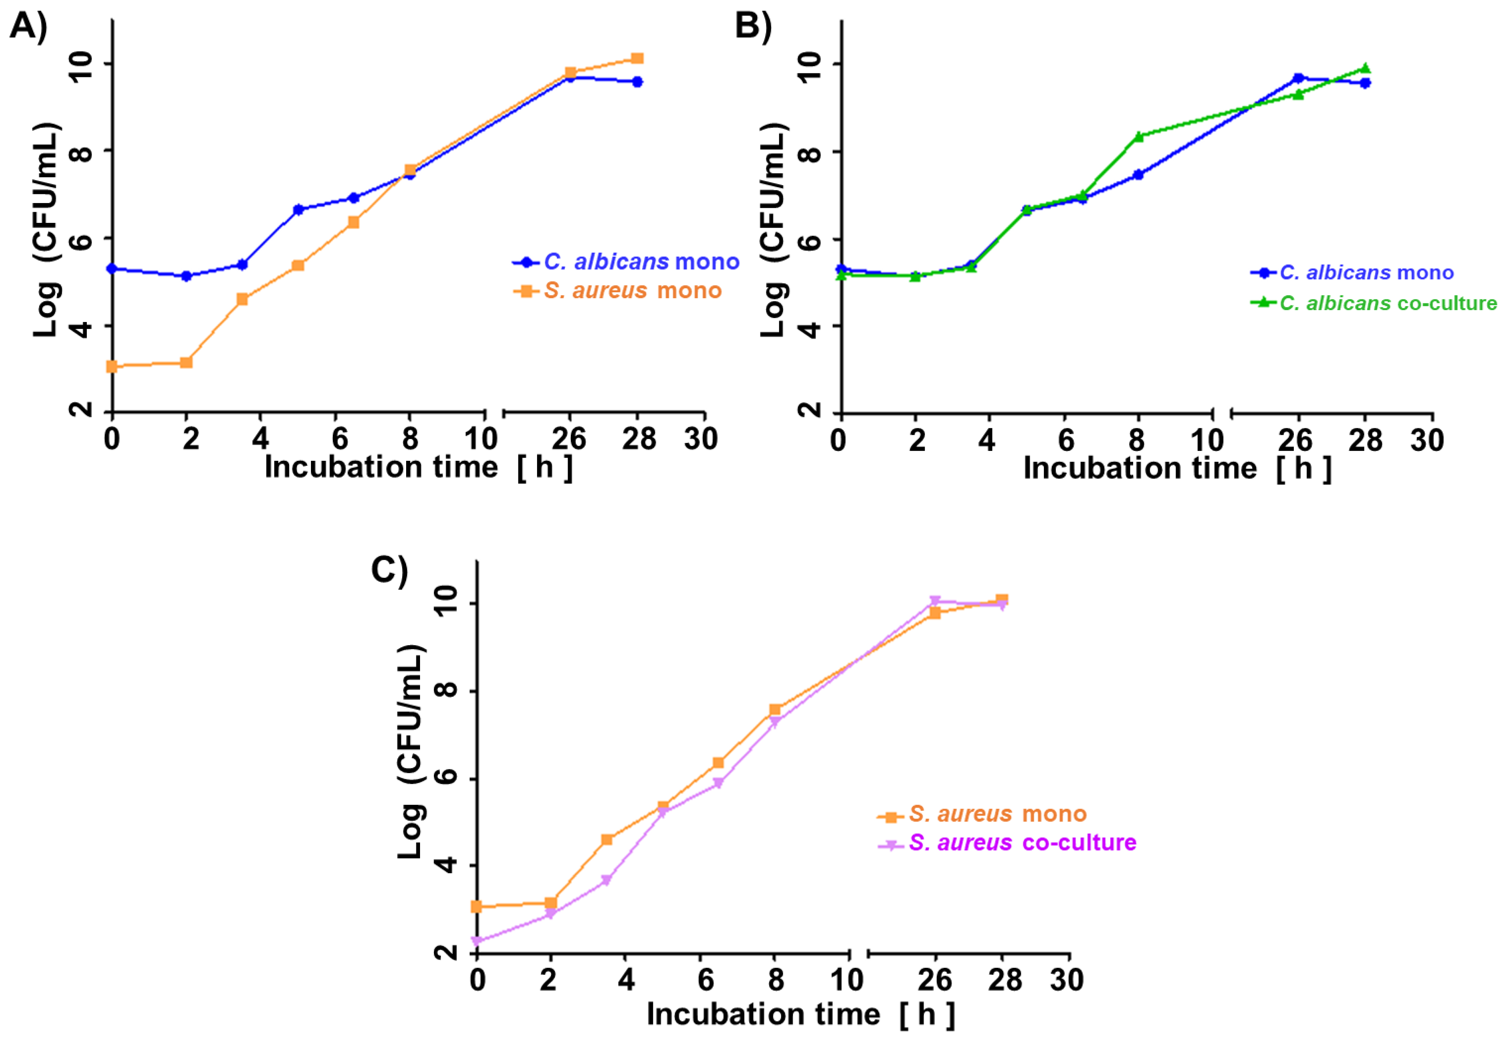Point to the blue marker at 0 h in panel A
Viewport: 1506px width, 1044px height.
coord(113,268)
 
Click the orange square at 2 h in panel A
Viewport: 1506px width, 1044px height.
coord(186,362)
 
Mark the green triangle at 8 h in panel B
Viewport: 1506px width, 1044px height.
coord(1138,136)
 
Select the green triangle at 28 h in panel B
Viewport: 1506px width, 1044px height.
coord(1365,69)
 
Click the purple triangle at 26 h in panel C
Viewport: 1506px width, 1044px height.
coord(935,600)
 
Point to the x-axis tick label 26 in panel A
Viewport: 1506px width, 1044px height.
coord(568,439)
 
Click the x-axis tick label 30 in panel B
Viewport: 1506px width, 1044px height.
coord(1427,440)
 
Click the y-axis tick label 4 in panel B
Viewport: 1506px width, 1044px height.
coord(809,328)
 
